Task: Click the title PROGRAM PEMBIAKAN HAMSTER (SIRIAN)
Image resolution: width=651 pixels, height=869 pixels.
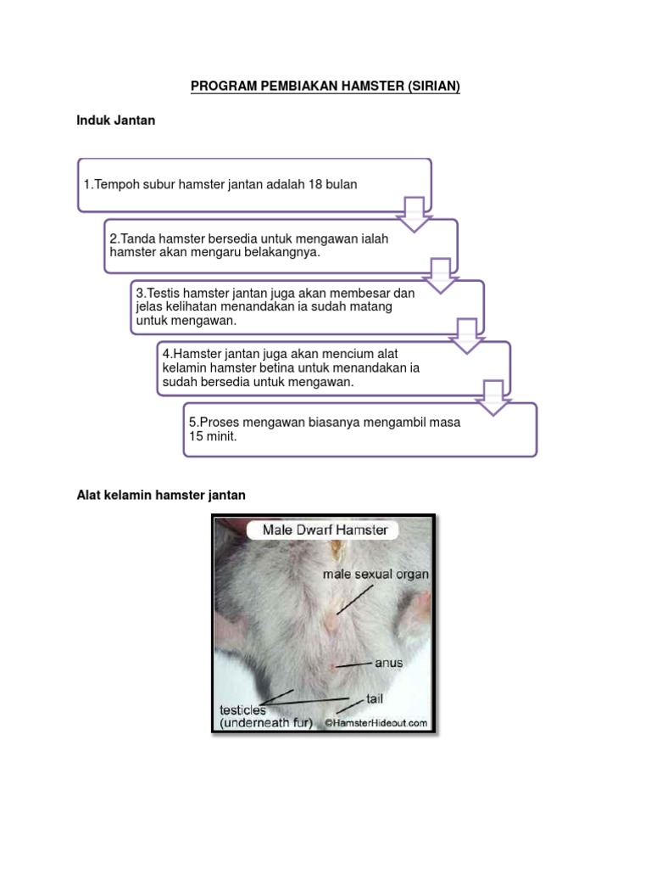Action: pyautogui.click(x=325, y=87)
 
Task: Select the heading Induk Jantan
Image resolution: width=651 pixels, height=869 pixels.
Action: pyautogui.click(x=116, y=121)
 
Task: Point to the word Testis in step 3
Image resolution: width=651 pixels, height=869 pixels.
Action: pyautogui.click(x=165, y=293)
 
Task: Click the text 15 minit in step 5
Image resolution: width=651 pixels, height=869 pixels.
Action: pyautogui.click(x=212, y=436)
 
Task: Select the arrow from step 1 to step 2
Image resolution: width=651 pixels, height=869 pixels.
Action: pyautogui.click(x=415, y=213)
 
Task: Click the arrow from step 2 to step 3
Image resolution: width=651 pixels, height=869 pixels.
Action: pyautogui.click(x=441, y=274)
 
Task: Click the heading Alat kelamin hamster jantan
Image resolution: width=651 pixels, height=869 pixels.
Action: pyautogui.click(x=161, y=495)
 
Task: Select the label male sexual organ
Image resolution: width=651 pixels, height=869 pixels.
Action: pyautogui.click(x=376, y=575)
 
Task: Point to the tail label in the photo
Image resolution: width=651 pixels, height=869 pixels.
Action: pyautogui.click(x=376, y=698)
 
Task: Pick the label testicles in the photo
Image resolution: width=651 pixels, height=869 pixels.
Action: pyautogui.click(x=242, y=709)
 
